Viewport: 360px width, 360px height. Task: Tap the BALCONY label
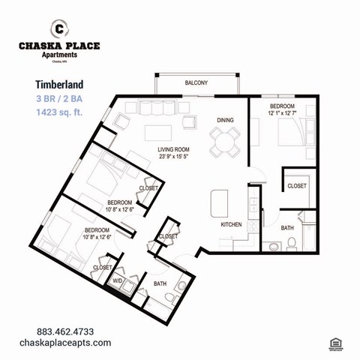click(x=196, y=82)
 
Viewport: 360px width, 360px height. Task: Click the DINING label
click(x=226, y=120)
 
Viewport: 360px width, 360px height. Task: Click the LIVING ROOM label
click(x=174, y=150)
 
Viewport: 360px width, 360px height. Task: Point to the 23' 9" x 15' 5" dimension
click(x=174, y=158)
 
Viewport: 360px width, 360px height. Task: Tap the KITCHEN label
click(x=231, y=224)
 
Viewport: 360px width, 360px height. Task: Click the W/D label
click(x=118, y=281)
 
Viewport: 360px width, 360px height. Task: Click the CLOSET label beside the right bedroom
click(x=297, y=185)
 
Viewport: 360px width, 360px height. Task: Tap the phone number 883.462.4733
click(x=65, y=331)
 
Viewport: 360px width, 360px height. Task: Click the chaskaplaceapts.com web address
click(x=65, y=343)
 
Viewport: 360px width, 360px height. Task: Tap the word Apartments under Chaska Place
click(x=59, y=55)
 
